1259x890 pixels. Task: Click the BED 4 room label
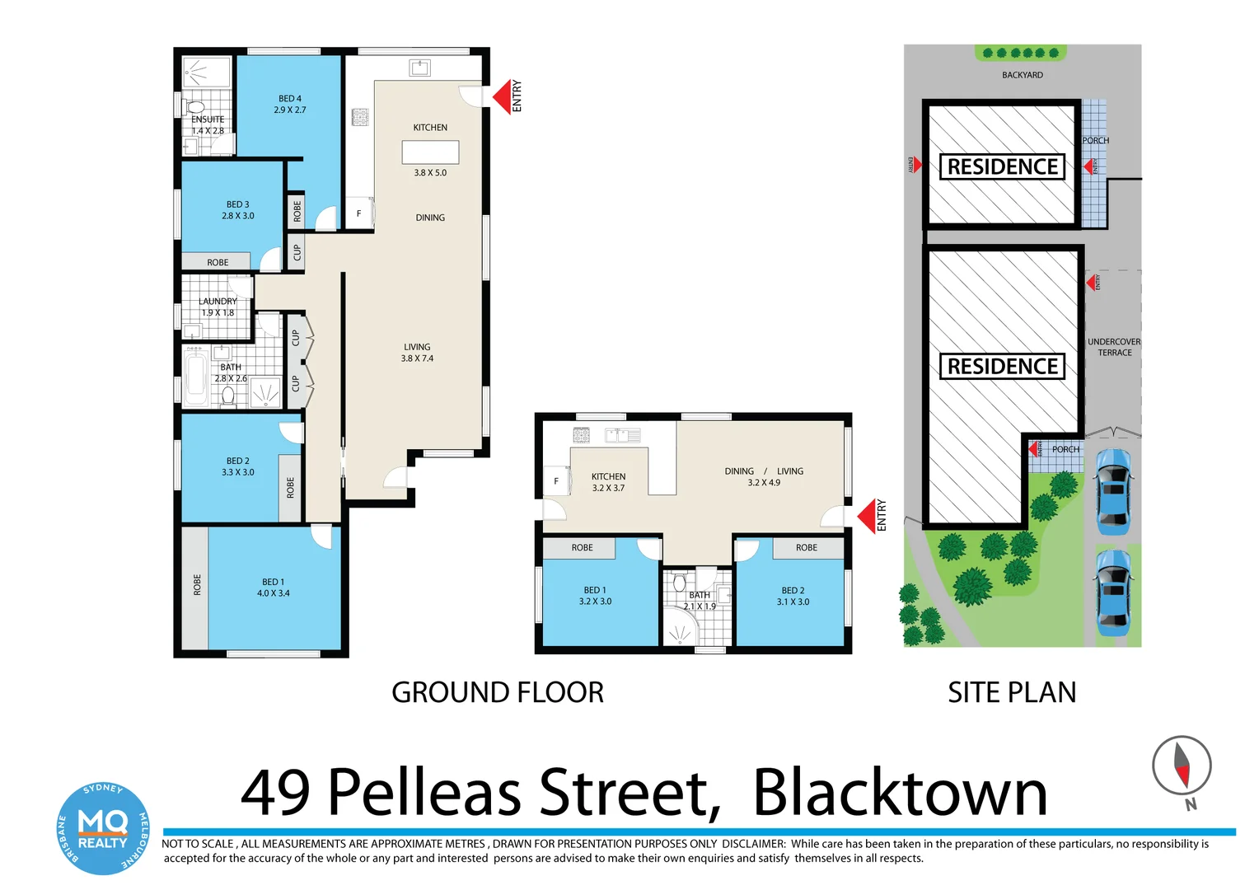(290, 98)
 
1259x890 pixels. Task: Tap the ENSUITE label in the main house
(208, 119)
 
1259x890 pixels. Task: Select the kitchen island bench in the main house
(430, 152)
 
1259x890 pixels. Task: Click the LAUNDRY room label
(218, 302)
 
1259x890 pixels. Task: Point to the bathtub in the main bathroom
(195, 376)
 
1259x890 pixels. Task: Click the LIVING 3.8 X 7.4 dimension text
(417, 358)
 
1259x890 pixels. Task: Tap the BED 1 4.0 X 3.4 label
(274, 588)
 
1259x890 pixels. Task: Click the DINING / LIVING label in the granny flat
(764, 471)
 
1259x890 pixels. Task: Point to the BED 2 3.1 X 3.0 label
(793, 596)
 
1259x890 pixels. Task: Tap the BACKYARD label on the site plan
(1023, 75)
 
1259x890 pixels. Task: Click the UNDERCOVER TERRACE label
(1114, 347)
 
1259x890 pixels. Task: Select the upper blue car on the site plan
(1113, 492)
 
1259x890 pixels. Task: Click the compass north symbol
(1182, 766)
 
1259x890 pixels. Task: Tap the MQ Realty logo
(103, 827)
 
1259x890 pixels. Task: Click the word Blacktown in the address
(901, 793)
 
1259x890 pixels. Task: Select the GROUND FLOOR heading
(498, 692)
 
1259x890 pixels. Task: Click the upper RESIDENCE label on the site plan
(1003, 166)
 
